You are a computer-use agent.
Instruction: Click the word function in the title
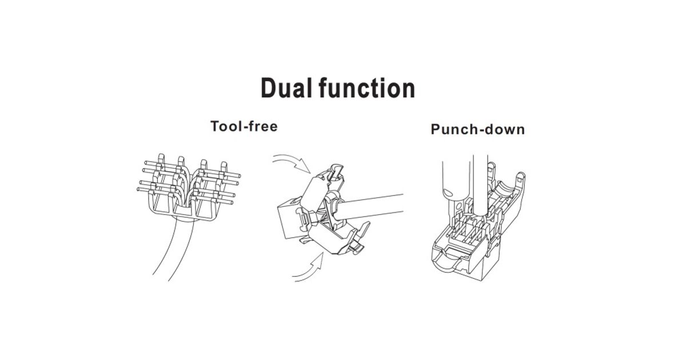[367, 88]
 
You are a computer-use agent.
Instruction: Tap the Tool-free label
[244, 126]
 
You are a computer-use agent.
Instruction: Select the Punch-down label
[478, 129]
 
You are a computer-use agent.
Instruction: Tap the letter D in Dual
[268, 88]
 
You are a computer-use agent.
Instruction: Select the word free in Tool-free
[262, 126]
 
